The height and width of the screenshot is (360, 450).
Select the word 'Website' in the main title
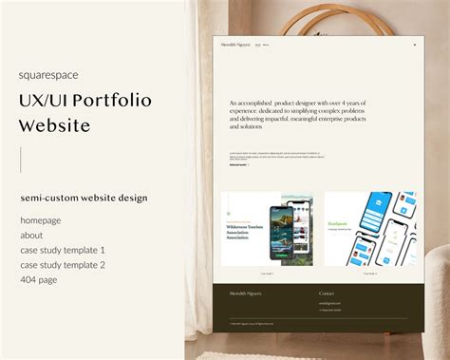(55, 125)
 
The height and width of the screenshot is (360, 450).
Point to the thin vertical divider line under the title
(21, 160)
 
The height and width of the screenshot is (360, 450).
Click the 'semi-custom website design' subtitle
(84, 198)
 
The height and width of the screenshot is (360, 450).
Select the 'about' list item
(31, 235)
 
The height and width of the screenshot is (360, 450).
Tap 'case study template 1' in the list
(63, 250)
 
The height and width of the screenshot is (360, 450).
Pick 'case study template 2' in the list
(63, 265)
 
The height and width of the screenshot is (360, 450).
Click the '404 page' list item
(40, 280)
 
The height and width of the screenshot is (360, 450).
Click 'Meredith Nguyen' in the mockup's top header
(235, 45)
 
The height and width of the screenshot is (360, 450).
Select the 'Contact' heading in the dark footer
(327, 294)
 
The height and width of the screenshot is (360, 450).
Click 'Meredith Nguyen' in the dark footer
(244, 294)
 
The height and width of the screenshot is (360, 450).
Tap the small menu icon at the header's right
(414, 45)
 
